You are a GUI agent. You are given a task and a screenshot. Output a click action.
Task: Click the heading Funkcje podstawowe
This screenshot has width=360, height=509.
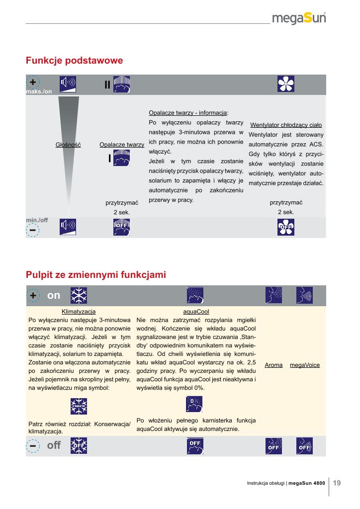[x=74, y=61]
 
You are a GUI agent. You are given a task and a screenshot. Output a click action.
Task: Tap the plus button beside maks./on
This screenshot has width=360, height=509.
[x=32, y=82]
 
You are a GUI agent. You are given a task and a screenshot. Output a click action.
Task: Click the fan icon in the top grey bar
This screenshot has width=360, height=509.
[x=286, y=84]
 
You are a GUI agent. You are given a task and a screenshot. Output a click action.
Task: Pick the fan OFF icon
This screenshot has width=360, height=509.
[x=286, y=228]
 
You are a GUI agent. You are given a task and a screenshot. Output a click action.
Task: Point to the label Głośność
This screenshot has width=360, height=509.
[x=68, y=145]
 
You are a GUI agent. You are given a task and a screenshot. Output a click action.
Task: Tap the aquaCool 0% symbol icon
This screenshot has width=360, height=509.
[x=194, y=404]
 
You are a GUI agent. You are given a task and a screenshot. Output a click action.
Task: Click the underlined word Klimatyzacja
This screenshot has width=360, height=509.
[x=78, y=311]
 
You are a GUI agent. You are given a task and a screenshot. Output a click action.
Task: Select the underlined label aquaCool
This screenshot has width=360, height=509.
[x=196, y=311]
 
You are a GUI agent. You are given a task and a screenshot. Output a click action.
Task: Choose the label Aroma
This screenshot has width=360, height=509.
[x=273, y=365]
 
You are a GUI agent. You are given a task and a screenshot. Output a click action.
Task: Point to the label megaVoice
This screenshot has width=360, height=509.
[x=304, y=365]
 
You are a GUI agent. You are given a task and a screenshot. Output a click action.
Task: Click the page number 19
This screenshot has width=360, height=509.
[x=337, y=482]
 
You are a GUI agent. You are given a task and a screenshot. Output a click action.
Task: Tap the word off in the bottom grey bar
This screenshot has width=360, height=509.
[x=54, y=445]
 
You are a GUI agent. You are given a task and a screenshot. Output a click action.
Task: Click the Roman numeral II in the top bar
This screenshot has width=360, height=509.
[x=107, y=85]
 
